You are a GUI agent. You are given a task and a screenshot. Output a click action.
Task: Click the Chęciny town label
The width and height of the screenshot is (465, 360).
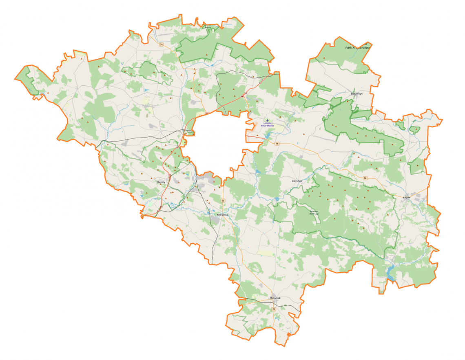click(x=161, y=182)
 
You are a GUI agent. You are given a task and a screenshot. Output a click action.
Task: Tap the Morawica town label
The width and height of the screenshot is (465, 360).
click(x=222, y=214)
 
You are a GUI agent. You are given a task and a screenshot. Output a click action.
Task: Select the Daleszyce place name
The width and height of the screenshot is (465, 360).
click(x=297, y=180)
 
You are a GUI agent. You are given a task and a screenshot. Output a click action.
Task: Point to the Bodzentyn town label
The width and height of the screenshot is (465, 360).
click(x=356, y=93)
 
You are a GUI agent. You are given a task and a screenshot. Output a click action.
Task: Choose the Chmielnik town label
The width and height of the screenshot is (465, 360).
click(x=275, y=298)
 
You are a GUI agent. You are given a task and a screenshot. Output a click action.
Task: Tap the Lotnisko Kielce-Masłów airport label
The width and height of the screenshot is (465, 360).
click(x=268, y=124)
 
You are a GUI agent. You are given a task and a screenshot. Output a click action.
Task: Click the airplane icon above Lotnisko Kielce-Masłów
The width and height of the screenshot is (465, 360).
click(x=268, y=120)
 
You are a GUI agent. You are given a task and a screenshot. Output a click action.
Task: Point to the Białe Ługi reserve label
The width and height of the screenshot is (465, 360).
click(x=313, y=212)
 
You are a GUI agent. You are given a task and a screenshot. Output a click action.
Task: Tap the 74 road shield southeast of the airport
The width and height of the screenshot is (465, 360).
click(x=277, y=144)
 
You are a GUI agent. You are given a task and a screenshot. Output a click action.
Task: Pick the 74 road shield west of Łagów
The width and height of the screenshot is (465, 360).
click(x=365, y=178)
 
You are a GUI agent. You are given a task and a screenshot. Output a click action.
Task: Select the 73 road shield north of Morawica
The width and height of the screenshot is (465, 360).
click(x=223, y=201)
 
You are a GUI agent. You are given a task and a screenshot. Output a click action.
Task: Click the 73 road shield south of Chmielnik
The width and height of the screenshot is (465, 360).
click(x=274, y=310)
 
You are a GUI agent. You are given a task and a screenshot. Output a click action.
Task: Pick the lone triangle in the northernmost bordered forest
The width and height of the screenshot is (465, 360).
click(x=207, y=55)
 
